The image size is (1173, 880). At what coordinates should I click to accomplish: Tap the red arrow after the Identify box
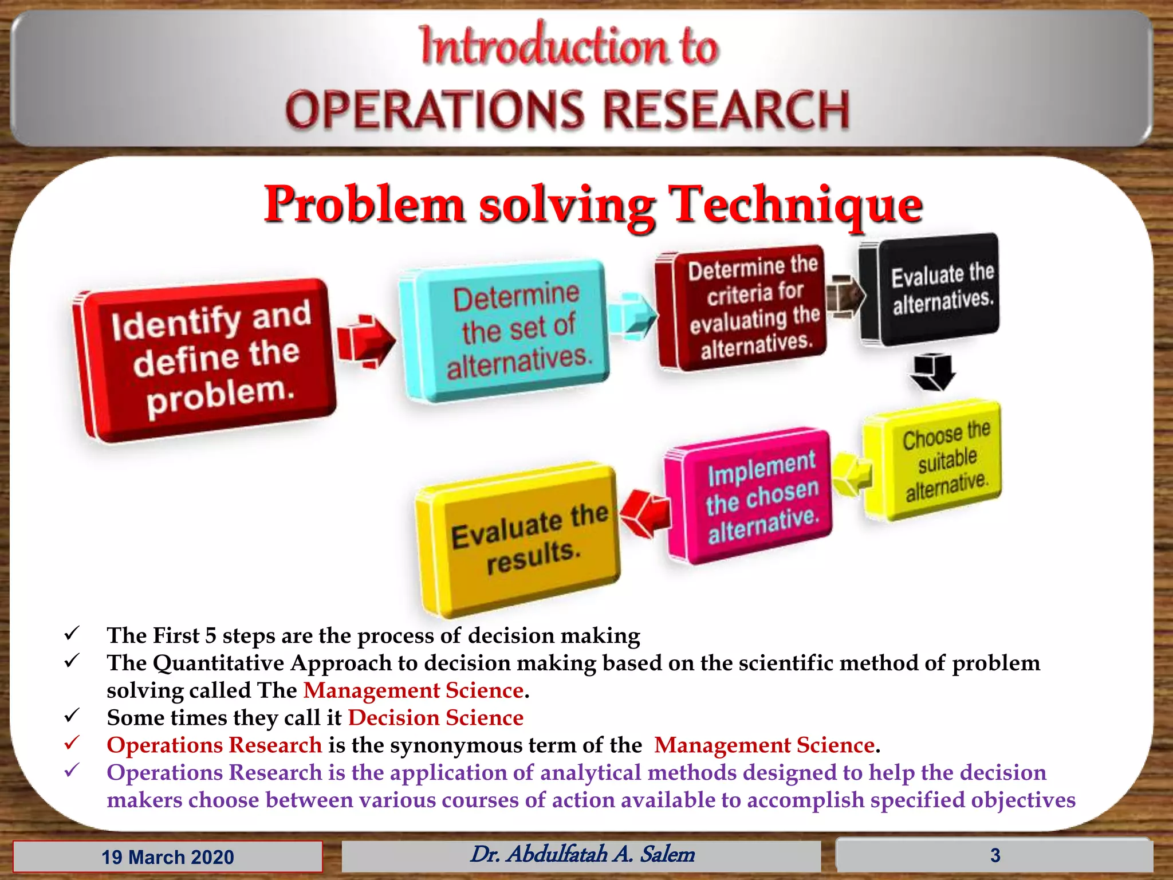point(365,340)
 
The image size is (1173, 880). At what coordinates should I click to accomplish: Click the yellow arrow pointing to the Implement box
point(852,473)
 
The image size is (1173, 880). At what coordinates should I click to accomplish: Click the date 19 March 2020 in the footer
point(168,857)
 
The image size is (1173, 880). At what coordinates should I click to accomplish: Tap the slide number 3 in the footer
point(995,855)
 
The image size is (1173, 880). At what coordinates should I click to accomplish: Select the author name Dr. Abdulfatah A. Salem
point(582,854)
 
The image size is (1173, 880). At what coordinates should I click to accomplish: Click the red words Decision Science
point(435,718)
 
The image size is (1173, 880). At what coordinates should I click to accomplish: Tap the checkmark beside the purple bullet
point(72,771)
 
